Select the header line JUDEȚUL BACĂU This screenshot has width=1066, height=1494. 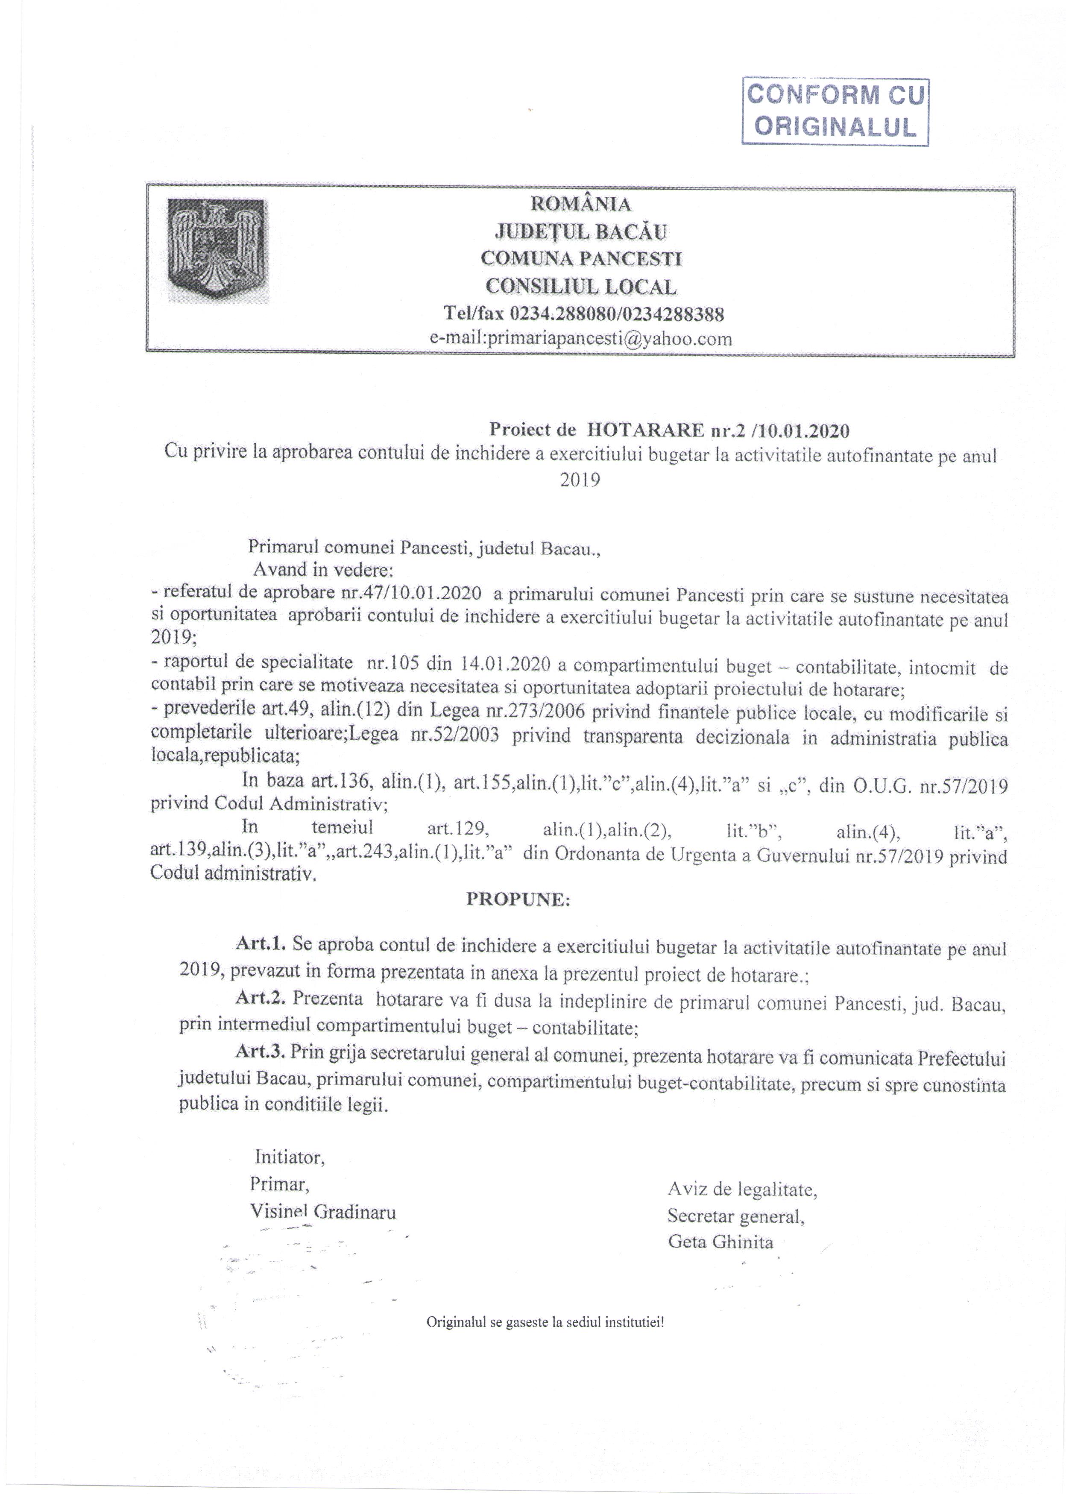click(x=581, y=232)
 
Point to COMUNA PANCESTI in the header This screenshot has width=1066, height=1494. click(x=581, y=259)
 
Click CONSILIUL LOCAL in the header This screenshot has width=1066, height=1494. click(x=581, y=287)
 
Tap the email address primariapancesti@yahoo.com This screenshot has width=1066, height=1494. click(x=581, y=340)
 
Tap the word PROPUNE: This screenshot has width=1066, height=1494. click(x=518, y=900)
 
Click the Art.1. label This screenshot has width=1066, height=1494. click(x=261, y=945)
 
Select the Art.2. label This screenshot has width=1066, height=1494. click(x=261, y=1002)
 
